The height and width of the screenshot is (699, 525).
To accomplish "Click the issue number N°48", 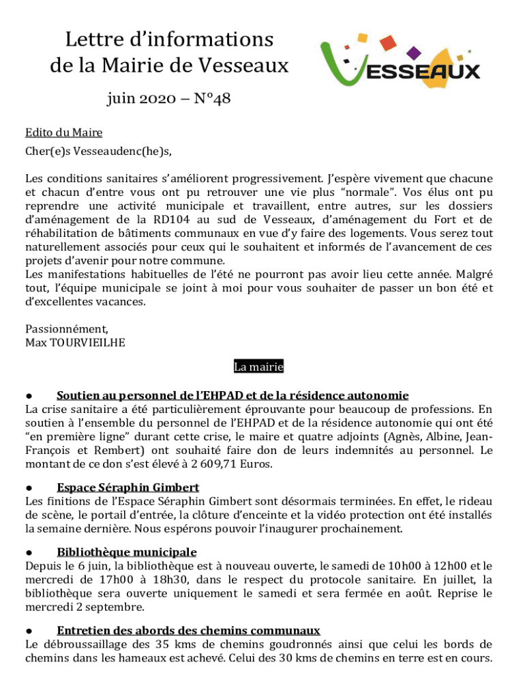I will pos(212,100).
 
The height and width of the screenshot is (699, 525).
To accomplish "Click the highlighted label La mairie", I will pos(258,367).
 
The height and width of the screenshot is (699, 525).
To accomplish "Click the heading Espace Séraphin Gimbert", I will pos(128,487).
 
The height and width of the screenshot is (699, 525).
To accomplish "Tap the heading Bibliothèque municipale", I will pos(127,552).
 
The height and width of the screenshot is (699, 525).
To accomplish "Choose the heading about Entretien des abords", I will pos(188,631).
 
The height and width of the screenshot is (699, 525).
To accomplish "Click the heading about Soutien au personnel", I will pos(232,395).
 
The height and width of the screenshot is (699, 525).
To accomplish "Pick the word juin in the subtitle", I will pos(121,100).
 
